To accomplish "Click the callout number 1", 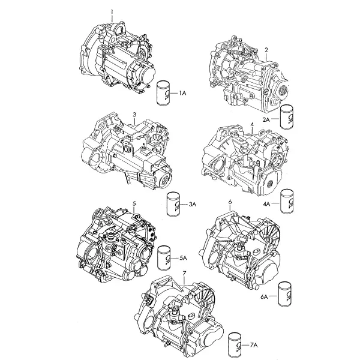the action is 112,12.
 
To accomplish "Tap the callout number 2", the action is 266,50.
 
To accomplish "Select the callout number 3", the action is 134,115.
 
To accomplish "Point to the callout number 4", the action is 253,124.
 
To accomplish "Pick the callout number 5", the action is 134,203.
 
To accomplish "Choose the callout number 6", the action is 230,202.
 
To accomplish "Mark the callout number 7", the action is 184,274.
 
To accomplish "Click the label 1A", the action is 183,93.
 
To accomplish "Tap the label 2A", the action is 266,119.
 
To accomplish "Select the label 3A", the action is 193,205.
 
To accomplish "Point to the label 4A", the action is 266,203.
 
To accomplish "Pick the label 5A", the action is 184,258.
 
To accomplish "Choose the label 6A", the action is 264,296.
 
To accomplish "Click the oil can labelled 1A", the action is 163,93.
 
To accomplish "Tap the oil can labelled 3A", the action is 173,204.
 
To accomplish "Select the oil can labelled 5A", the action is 164,258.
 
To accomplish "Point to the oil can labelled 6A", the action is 285,294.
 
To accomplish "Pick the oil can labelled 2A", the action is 287,116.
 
